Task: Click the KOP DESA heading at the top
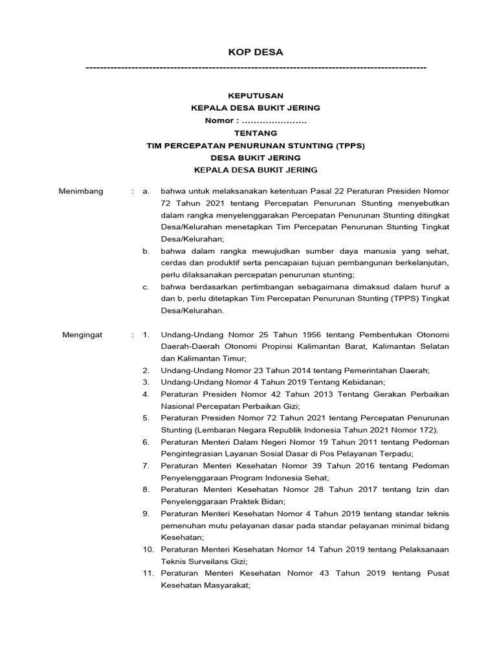coord(256,52)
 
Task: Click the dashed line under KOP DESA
coord(256,67)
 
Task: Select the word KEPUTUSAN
coord(256,96)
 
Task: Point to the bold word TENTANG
coord(256,133)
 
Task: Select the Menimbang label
coord(81,191)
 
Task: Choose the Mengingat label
coord(82,335)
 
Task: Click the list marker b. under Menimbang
coord(146,251)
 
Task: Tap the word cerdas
coord(173,263)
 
